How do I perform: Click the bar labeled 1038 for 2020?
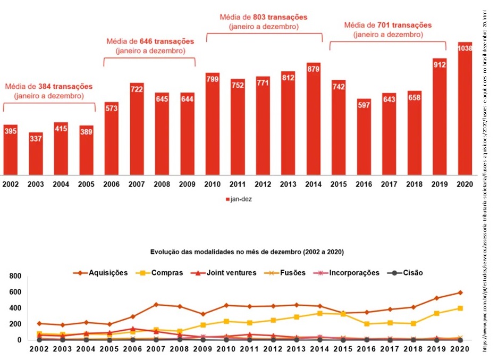(x=465, y=109)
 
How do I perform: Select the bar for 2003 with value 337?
(x=36, y=154)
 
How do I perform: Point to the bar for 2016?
(x=364, y=137)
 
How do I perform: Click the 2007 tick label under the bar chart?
(x=137, y=184)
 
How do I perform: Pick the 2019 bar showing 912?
(x=440, y=117)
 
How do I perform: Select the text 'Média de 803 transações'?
(x=264, y=17)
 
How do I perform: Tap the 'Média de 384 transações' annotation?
(x=49, y=86)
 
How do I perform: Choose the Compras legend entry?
(x=161, y=273)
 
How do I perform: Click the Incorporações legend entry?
(x=349, y=273)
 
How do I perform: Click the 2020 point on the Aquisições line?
(x=460, y=292)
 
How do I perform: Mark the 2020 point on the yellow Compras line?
(x=460, y=308)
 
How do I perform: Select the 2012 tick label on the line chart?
(x=273, y=350)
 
